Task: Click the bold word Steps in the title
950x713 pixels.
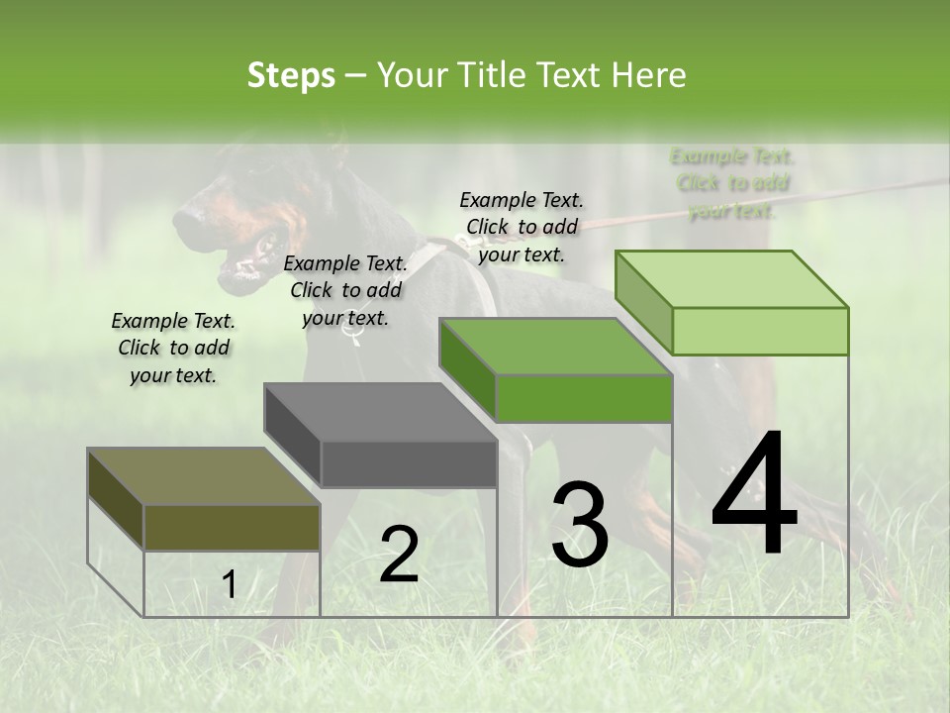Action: (x=291, y=75)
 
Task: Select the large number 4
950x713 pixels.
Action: (x=754, y=495)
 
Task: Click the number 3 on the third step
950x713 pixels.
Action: (x=580, y=525)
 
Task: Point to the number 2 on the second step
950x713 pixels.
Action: (x=399, y=555)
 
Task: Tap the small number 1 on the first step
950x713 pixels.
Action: (x=229, y=585)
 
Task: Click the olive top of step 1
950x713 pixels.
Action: (x=203, y=476)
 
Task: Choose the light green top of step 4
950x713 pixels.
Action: (x=730, y=279)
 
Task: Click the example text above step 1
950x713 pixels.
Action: (x=173, y=348)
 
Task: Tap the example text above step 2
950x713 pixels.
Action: (x=345, y=290)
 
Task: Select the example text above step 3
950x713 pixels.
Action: (x=522, y=227)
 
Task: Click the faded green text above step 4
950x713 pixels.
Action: (x=731, y=183)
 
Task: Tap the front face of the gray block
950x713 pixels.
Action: (x=409, y=463)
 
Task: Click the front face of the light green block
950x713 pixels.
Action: (x=760, y=331)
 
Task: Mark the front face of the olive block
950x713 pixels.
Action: (x=233, y=527)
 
